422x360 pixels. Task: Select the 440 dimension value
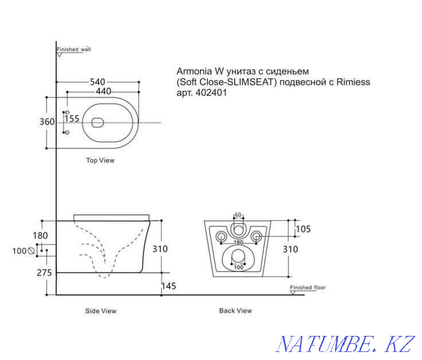tap(103, 91)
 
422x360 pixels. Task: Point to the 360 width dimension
tap(48, 122)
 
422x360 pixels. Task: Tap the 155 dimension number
tap(72, 119)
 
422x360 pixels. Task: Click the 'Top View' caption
tap(100, 161)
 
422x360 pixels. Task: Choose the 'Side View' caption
tap(101, 311)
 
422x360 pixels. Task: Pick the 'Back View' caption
tap(235, 311)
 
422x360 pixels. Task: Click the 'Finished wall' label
tap(74, 49)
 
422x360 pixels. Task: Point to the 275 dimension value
tap(45, 273)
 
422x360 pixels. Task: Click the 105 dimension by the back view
tap(303, 229)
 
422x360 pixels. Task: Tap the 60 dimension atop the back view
tap(238, 215)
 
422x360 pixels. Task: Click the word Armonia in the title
tap(195, 72)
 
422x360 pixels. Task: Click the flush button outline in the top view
tap(97, 122)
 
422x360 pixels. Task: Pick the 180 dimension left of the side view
tap(41, 236)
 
